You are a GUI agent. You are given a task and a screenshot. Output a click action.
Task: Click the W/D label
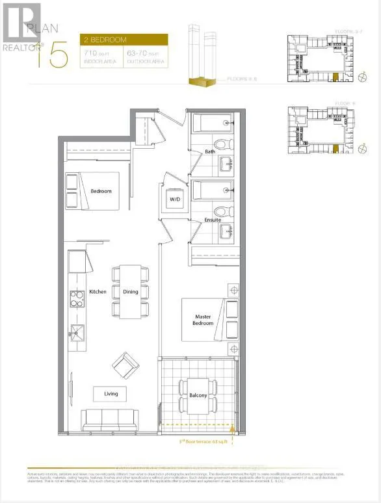point(175,199)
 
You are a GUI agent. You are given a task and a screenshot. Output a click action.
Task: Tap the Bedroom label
point(101,191)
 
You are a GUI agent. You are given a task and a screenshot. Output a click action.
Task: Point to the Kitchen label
point(98,292)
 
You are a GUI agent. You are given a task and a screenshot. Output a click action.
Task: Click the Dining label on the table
point(131,292)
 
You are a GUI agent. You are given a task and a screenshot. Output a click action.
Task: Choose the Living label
point(105,394)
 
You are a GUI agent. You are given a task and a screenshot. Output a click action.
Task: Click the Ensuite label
point(212,220)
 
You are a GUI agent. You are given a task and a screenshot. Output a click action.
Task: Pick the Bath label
point(209,152)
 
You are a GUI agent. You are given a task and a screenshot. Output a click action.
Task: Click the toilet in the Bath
point(221,144)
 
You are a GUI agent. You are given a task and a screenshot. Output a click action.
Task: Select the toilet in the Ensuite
point(221,211)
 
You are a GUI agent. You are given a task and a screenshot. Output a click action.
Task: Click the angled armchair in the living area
point(125,367)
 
